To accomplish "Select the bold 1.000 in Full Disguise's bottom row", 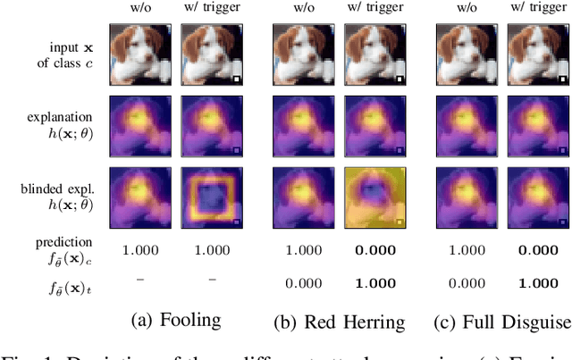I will coord(539,283).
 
